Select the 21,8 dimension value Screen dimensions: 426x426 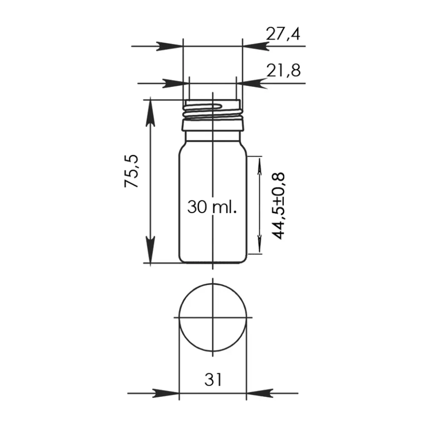coord(283,71)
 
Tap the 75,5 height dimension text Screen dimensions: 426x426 coord(132,171)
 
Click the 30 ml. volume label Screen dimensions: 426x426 coord(212,207)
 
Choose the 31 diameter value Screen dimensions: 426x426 coord(213,379)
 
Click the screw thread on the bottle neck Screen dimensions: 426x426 coord(213,112)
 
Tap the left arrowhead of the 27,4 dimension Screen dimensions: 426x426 coord(170,46)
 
